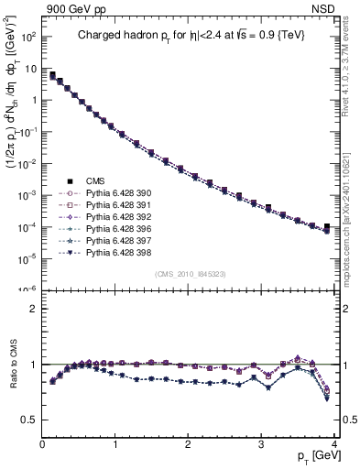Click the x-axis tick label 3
261,444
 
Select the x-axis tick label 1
115,444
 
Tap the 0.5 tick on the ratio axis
29,420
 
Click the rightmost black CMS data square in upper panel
327,225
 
